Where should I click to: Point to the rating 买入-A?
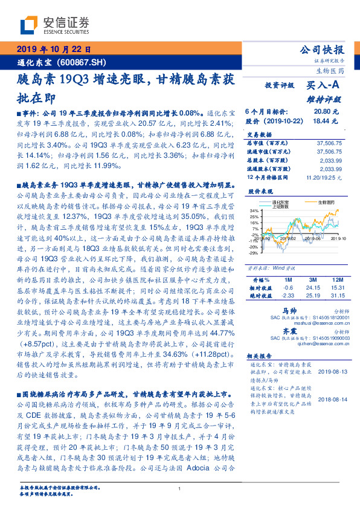tap(321, 86)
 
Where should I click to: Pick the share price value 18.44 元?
tap(321, 122)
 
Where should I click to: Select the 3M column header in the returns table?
tap(313, 280)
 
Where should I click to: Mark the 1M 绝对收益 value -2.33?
tap(286, 296)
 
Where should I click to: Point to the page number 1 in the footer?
tap(180, 488)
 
